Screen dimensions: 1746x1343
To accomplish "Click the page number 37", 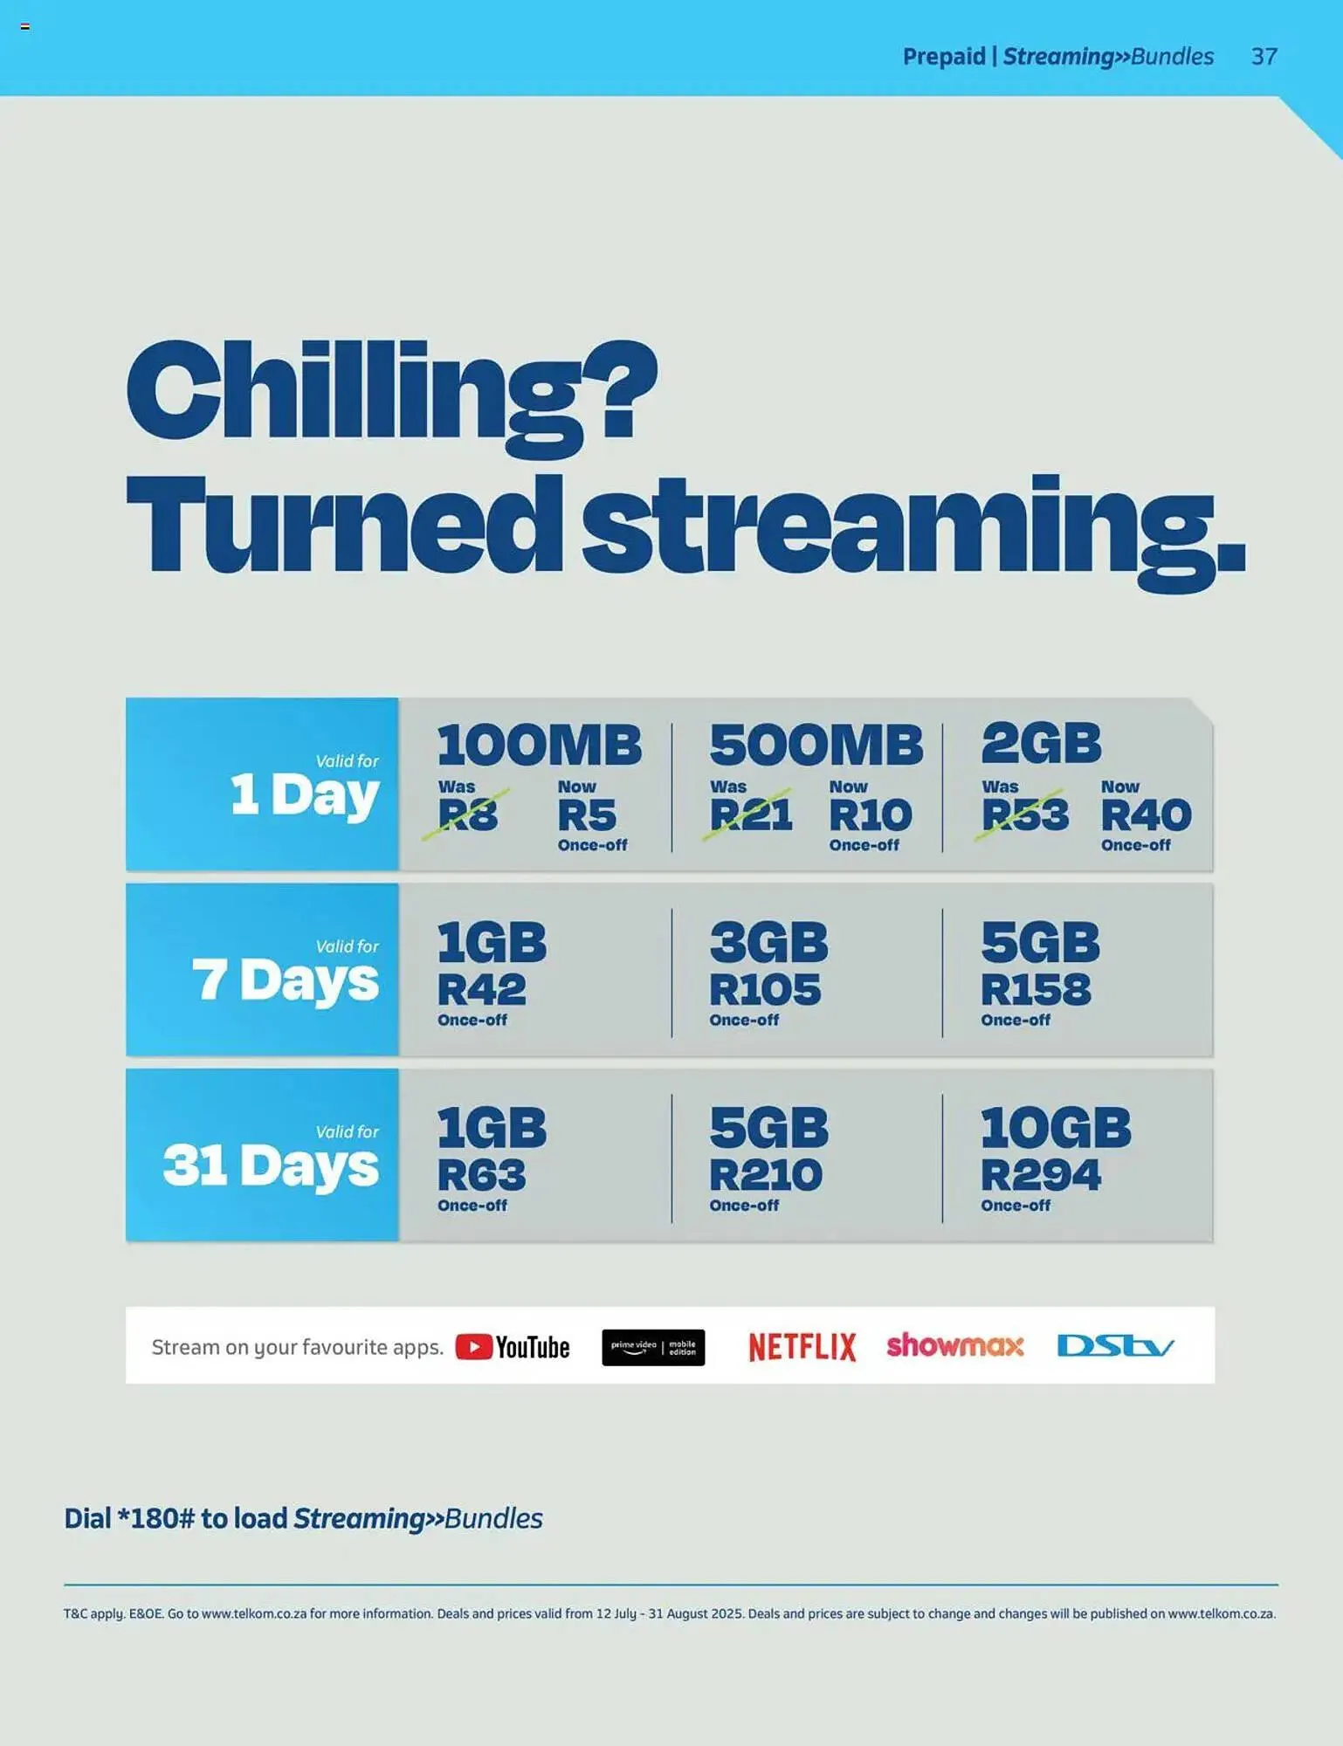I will click(1264, 57).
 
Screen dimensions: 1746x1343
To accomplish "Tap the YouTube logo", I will click(513, 1347).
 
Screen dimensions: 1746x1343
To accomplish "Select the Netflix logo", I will click(802, 1347).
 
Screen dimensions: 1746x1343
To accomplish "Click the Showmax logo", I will click(954, 1345).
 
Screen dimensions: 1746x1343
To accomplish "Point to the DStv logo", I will click(1115, 1345).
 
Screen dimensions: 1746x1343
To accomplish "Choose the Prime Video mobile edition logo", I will click(653, 1347).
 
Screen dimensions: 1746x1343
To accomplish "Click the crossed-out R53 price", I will click(1024, 815).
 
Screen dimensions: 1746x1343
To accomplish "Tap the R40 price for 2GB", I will click(1146, 815).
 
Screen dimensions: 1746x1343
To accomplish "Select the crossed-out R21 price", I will click(750, 815).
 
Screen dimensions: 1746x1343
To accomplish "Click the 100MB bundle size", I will click(539, 745).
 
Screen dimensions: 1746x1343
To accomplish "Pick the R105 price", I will click(764, 989).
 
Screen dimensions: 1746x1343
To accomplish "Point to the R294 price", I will click(1040, 1174).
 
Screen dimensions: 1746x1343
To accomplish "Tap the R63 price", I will click(481, 1174).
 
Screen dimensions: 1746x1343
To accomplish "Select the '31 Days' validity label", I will click(271, 1165).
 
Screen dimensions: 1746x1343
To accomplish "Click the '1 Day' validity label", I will click(304, 794).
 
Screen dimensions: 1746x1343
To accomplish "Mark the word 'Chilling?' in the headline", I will click(391, 393).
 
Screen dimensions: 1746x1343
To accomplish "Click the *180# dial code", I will click(156, 1519).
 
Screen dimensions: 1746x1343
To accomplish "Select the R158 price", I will click(1036, 989).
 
